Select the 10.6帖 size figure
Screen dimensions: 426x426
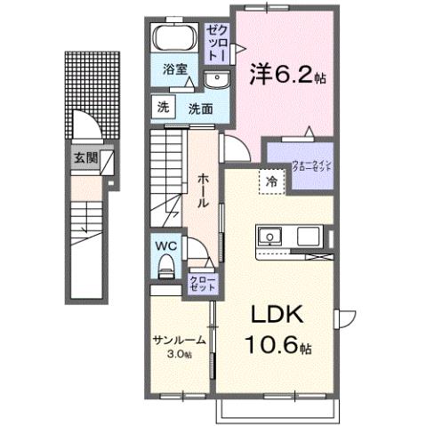(280, 344)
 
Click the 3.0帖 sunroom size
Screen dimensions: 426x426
(180, 354)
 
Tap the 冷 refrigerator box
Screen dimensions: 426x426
(272, 181)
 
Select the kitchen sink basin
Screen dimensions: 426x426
(269, 237)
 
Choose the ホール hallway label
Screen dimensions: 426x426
(203, 189)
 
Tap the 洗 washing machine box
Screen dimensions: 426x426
(163, 108)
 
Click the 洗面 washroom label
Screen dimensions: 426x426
(198, 109)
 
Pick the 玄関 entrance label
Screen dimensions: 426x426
(85, 160)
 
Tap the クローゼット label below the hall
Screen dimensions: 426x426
(198, 284)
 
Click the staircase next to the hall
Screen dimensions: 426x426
(167, 169)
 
